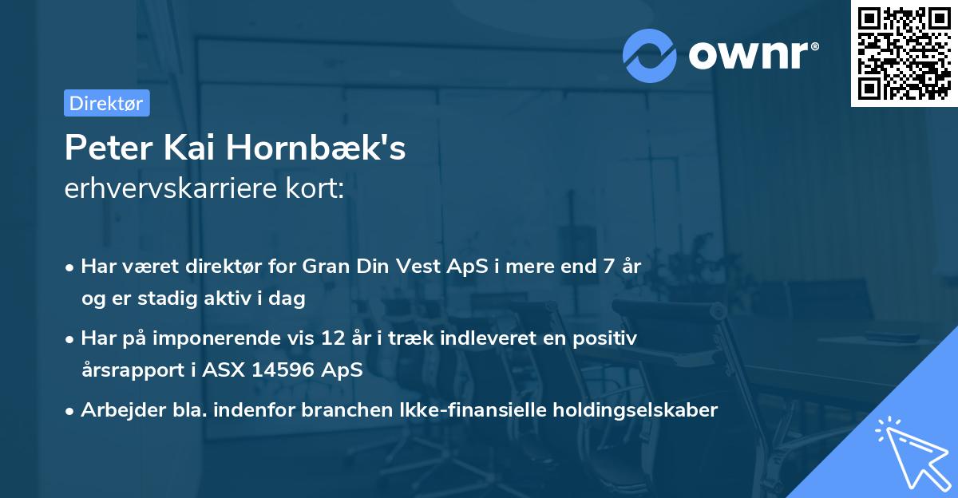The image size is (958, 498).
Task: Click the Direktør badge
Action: [106, 103]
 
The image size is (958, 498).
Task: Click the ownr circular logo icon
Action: [650, 55]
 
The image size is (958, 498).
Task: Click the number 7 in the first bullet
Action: [604, 266]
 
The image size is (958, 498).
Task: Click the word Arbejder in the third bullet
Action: [114, 410]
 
